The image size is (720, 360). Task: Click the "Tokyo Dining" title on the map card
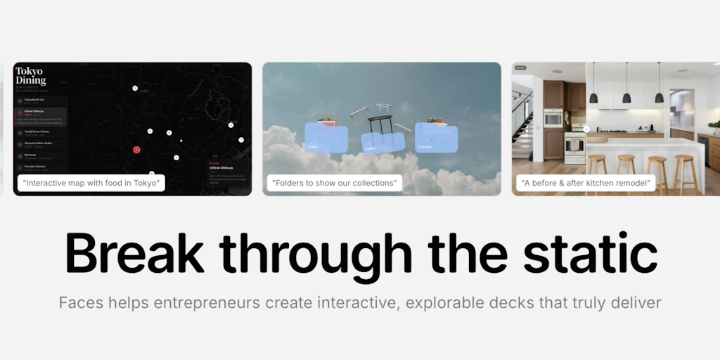coord(30,76)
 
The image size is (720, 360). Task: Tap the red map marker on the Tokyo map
coord(137,149)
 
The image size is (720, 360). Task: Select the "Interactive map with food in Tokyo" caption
coord(91,184)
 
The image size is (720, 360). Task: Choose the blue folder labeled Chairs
coord(326,139)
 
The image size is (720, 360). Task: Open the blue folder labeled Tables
coord(382,141)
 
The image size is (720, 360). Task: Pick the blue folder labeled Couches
coord(437,138)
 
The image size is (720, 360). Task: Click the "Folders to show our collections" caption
coord(335,184)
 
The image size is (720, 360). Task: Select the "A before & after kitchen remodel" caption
coord(585,184)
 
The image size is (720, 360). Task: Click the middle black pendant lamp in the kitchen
coord(626,96)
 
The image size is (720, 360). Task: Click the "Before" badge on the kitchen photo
coord(520,68)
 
